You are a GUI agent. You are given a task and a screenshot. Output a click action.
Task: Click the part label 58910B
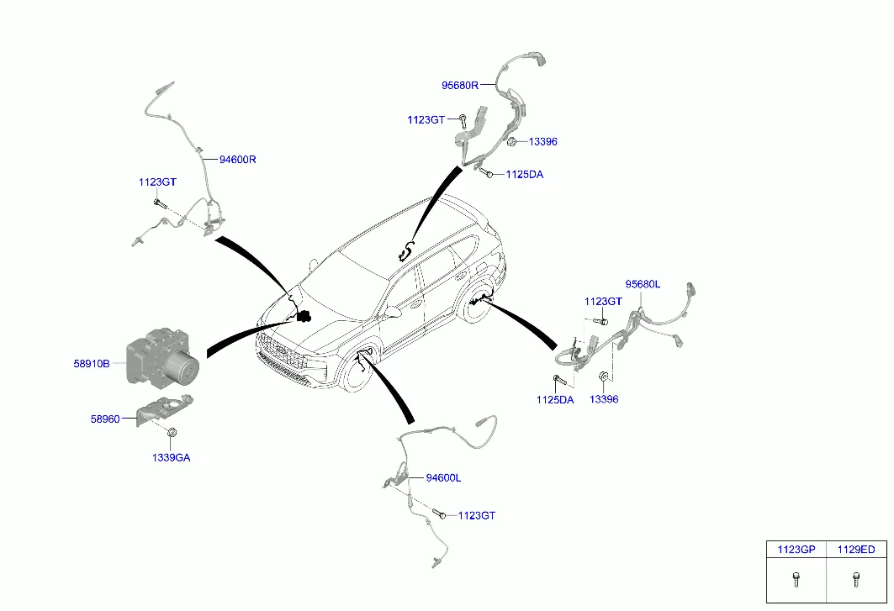tap(91, 363)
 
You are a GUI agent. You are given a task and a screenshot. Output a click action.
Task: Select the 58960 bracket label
tap(105, 419)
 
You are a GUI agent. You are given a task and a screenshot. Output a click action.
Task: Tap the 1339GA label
tap(171, 457)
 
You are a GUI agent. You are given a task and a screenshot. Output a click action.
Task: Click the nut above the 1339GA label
tap(171, 434)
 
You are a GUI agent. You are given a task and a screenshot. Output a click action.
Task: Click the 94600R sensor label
tap(238, 160)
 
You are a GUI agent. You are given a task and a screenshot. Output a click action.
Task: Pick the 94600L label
tap(443, 477)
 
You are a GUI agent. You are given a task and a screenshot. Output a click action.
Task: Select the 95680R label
tap(460, 86)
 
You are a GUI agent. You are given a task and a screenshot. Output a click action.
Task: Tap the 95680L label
tap(643, 284)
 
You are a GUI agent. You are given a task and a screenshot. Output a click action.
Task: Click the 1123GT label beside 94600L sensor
tap(477, 515)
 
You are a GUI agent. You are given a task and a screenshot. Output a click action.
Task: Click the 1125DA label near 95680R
tap(525, 175)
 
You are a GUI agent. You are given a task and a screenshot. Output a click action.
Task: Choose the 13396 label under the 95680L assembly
tap(604, 399)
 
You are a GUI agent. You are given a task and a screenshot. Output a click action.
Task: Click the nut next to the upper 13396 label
tap(512, 141)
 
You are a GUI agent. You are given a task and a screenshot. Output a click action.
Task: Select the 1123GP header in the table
tap(796, 550)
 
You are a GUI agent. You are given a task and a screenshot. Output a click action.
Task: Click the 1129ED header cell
tap(856, 550)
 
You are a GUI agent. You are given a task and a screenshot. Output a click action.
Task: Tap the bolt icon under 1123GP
tap(796, 579)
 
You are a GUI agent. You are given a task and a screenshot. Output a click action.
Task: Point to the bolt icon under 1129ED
tap(856, 579)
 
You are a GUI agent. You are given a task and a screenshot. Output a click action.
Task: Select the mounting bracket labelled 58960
tap(161, 408)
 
